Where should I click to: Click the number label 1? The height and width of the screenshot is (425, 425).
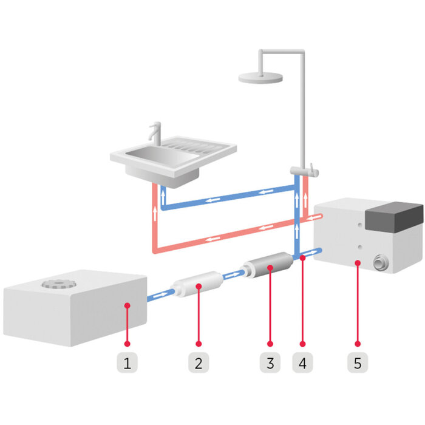(127, 364)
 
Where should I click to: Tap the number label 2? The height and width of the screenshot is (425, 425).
(198, 364)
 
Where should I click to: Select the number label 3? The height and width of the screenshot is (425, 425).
(270, 364)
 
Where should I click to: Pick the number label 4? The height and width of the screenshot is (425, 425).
(302, 364)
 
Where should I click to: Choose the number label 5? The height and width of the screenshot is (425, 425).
(358, 364)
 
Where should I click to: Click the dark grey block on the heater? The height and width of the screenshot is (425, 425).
(394, 216)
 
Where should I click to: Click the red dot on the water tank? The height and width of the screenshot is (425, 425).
(127, 305)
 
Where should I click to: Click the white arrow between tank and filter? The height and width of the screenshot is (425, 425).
(160, 296)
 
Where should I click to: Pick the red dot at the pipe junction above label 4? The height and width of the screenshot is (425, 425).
(302, 258)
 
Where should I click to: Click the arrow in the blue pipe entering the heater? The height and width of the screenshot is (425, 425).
(314, 250)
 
